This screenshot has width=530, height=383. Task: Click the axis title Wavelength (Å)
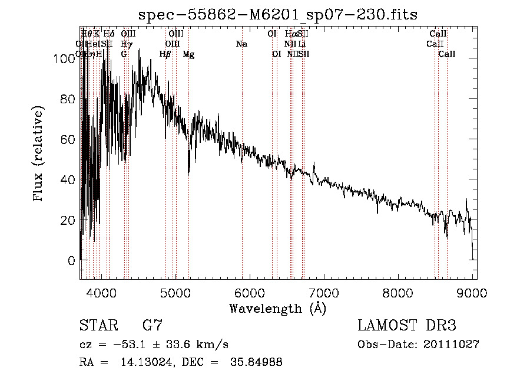point(277,308)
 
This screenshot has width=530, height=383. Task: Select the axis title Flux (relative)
point(39,155)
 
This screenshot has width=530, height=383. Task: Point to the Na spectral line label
point(241,44)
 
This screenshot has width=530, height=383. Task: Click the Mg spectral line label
point(188,54)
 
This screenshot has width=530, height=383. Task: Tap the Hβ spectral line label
point(165,54)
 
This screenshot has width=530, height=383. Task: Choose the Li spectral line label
point(302,44)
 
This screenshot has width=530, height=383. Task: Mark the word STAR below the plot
point(98,326)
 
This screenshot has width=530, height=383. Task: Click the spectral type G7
point(153,326)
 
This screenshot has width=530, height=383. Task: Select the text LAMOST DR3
point(406,326)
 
